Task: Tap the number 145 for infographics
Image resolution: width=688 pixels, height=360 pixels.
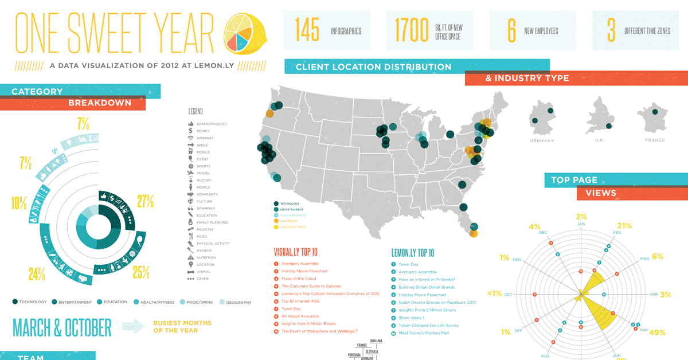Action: [307, 30]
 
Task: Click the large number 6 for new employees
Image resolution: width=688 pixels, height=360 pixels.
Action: [511, 30]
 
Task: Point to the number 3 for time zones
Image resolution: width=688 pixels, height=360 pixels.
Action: [611, 30]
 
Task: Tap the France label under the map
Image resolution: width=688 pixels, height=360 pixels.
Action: [655, 140]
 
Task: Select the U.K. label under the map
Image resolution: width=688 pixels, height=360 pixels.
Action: [599, 140]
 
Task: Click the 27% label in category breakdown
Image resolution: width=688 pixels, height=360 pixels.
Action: [145, 202]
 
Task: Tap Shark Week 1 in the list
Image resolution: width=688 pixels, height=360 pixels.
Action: [411, 318]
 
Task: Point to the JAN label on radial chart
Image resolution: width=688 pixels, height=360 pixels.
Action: [581, 224]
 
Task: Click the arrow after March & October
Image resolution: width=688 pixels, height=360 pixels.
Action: [134, 326]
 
